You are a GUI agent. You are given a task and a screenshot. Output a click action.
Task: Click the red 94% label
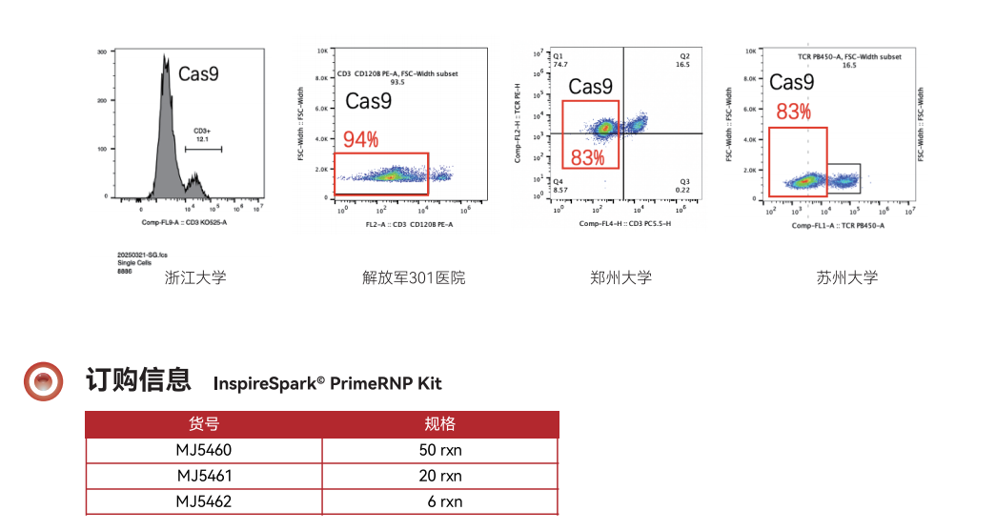[x=361, y=140]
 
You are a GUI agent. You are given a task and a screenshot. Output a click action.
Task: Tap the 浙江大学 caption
[x=195, y=278]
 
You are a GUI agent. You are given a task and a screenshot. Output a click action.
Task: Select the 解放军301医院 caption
[x=414, y=278]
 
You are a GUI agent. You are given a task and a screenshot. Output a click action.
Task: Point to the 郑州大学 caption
[x=620, y=278]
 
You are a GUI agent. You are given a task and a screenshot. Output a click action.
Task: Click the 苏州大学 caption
[x=847, y=278]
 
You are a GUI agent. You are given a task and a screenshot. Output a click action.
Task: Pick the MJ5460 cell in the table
[x=204, y=450]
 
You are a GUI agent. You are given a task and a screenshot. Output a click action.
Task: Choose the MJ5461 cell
[x=204, y=475]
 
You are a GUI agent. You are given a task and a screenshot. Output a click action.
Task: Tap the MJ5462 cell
[x=204, y=500]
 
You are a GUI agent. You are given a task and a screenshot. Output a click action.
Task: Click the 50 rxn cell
[x=440, y=450]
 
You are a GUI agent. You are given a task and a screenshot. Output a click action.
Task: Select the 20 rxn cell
[x=440, y=475]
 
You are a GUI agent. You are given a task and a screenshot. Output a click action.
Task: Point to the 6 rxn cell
[x=444, y=500]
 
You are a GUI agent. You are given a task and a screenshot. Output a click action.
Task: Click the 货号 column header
[x=204, y=424]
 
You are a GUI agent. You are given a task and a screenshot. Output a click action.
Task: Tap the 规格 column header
[x=440, y=424]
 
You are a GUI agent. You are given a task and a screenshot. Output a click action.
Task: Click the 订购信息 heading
[x=138, y=380]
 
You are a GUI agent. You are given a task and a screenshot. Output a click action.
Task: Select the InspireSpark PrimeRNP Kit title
[x=328, y=383]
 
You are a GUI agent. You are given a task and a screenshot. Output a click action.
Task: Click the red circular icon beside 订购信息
[x=43, y=381]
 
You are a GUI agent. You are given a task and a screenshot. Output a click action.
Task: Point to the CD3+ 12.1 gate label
[x=202, y=135]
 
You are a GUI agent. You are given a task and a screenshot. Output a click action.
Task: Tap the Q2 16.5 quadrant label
[x=683, y=60]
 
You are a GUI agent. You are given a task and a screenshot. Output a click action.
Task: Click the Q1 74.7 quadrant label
[x=560, y=60]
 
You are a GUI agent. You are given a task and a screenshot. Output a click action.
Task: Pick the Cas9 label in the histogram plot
[x=197, y=72]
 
